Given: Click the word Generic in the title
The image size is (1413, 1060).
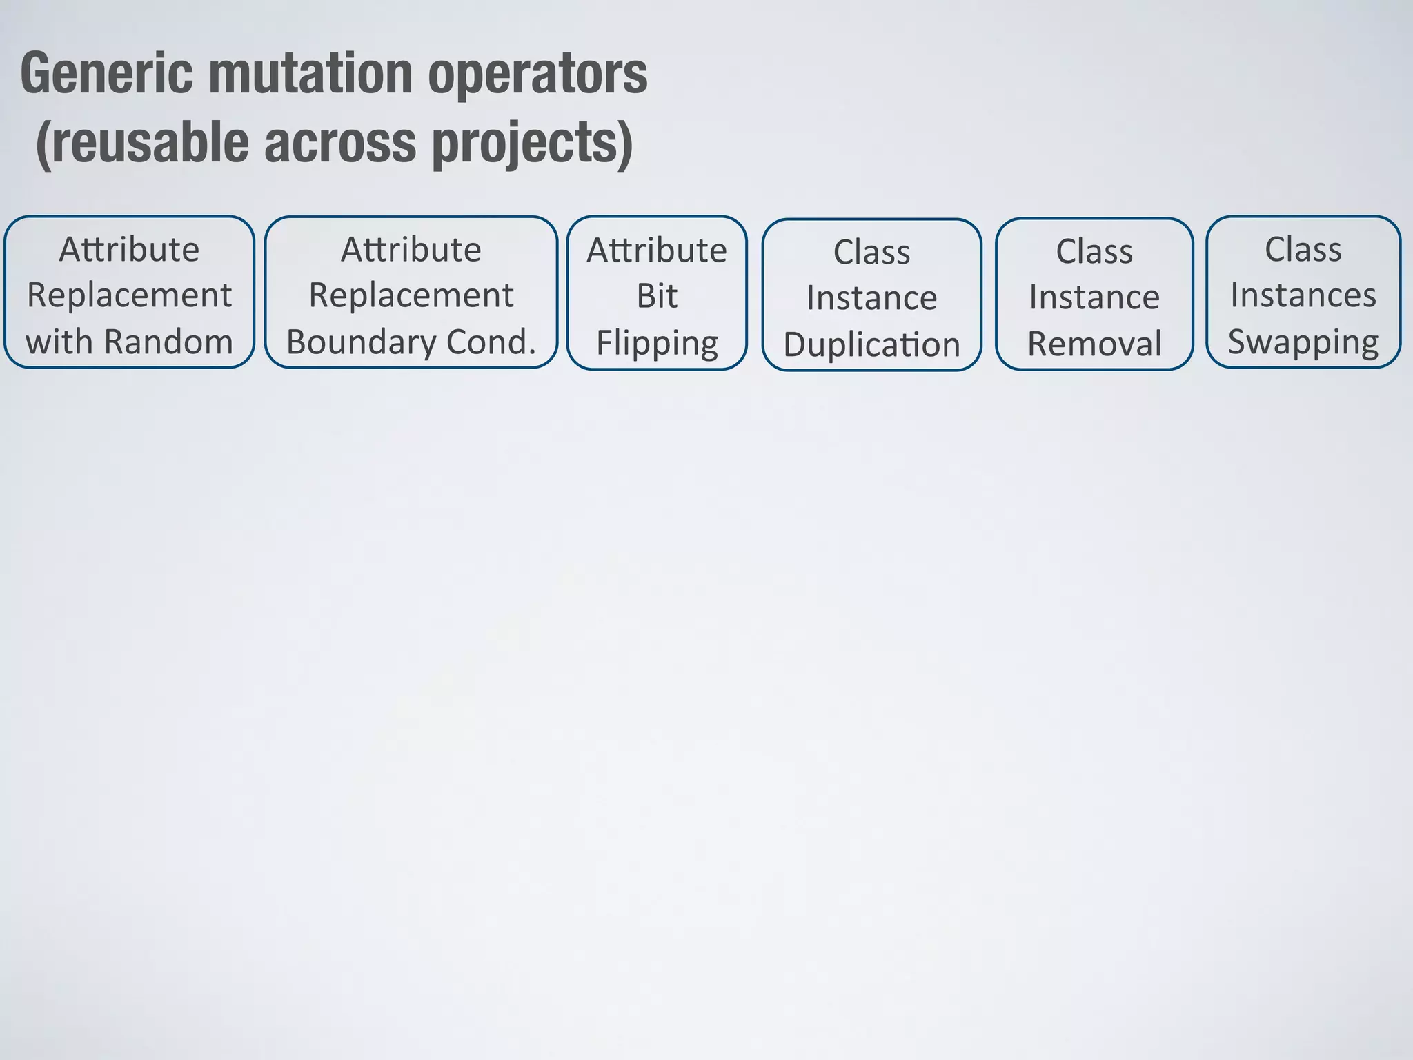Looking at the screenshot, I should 107,75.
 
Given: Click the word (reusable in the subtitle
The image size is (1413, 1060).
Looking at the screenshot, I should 142,144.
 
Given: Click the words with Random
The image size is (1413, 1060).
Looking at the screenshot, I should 129,342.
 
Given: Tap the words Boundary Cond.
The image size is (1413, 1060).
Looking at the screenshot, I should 411,342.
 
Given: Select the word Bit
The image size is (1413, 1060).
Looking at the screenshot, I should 657,296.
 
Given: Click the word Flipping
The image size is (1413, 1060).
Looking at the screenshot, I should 657,343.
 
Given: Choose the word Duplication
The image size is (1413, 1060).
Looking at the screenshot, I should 871,344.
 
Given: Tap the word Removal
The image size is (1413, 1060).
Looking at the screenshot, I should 1094,343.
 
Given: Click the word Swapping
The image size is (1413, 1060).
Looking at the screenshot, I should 1303,342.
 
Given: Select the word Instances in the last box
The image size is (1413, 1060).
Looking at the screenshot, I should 1303,295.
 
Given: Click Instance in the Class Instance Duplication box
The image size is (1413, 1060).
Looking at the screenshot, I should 871,298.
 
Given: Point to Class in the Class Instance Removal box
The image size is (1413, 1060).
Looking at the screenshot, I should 1094,251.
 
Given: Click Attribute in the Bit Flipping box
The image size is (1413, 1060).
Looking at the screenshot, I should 657,250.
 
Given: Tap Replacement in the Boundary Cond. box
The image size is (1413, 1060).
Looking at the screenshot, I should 411,295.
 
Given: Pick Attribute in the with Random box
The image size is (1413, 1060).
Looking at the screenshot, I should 129,249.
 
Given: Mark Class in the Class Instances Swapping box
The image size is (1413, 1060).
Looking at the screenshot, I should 1303,249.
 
